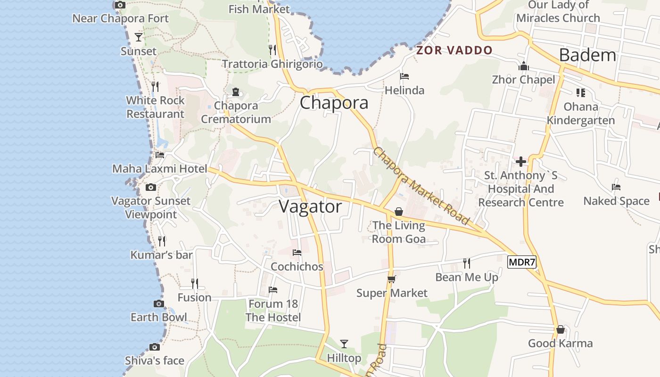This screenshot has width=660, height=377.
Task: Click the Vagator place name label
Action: coord(310,206)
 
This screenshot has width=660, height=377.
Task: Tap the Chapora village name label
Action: coord(334,103)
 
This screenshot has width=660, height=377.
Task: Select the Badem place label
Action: coord(587,55)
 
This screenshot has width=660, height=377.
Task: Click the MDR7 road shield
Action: coord(522,262)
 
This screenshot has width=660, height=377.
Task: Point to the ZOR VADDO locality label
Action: coord(454,50)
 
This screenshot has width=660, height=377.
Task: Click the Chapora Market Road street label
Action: coord(421,186)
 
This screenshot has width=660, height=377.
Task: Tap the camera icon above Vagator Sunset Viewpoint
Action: coord(151,188)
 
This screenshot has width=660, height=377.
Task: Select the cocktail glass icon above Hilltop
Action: coord(344,344)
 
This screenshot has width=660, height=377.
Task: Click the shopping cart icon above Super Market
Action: coord(391,279)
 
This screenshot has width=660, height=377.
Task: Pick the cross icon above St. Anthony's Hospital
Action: coord(520,162)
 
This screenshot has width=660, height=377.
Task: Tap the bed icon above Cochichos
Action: coord(297,253)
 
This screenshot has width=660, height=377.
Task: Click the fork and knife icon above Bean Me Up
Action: coord(466,263)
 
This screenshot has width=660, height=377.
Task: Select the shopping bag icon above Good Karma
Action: coord(560,329)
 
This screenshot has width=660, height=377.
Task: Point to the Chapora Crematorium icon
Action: coord(236,91)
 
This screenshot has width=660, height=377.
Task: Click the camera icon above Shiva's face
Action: coord(154,347)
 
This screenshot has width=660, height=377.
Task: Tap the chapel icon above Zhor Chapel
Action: coord(523,66)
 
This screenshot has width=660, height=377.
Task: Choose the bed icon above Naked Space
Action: coord(616,187)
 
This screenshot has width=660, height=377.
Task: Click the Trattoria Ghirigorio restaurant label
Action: coord(272,64)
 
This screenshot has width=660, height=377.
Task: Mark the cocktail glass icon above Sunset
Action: coord(139,37)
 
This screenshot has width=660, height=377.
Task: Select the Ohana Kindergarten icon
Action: coord(580,92)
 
